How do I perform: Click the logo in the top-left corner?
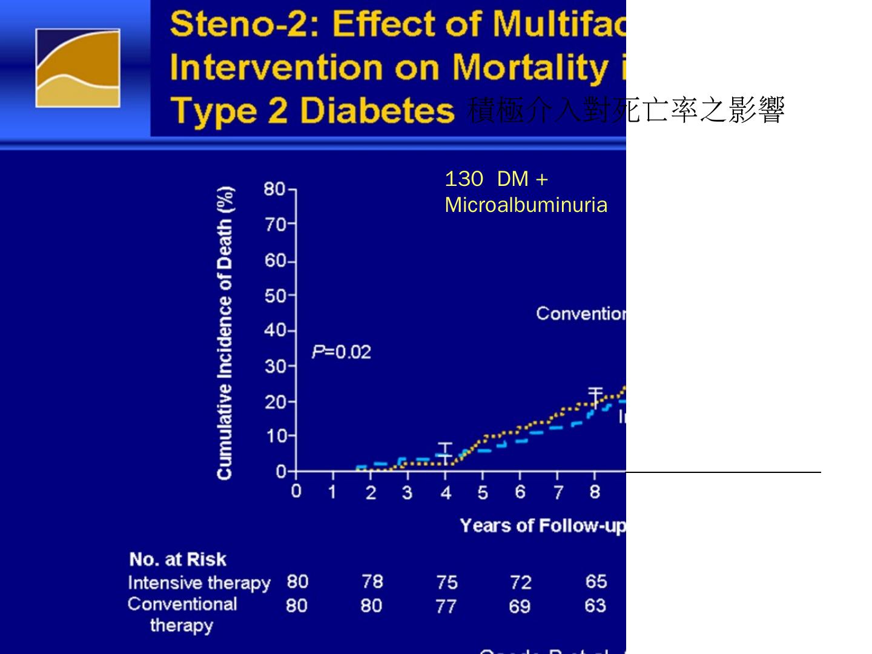pos(78,68)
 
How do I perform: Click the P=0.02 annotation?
pos(341,352)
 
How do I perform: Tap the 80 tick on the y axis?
pos(274,190)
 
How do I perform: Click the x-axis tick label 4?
pos(446,493)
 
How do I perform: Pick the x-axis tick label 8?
pos(595,492)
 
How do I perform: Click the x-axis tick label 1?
pos(332,492)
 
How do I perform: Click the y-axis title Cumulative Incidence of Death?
pos(225,333)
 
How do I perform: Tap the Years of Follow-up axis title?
pos(542,526)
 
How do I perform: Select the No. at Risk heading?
pos(177,559)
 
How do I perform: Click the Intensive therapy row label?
pos(199,583)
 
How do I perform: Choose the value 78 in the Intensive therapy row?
pos(372,581)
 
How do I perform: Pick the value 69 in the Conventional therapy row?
pos(520,606)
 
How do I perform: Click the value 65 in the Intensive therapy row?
pos(596,581)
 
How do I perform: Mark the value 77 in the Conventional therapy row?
pos(446,606)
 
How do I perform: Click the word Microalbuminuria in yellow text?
pos(526,205)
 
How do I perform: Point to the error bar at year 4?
pos(445,453)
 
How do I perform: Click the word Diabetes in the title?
pos(377,111)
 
